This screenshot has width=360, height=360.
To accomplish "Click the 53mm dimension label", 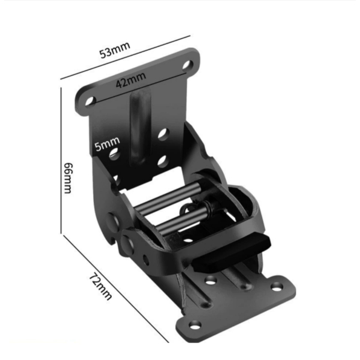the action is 115,50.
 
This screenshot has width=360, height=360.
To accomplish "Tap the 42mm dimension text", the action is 131,80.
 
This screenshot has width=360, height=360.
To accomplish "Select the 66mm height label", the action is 68,178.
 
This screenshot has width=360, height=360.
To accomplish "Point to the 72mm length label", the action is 100,286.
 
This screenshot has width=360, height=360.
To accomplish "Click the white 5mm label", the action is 107,144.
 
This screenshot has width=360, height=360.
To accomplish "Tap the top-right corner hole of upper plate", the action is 188,65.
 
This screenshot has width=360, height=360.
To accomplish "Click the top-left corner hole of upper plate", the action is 90,101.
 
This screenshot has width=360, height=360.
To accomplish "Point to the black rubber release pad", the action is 232,253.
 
